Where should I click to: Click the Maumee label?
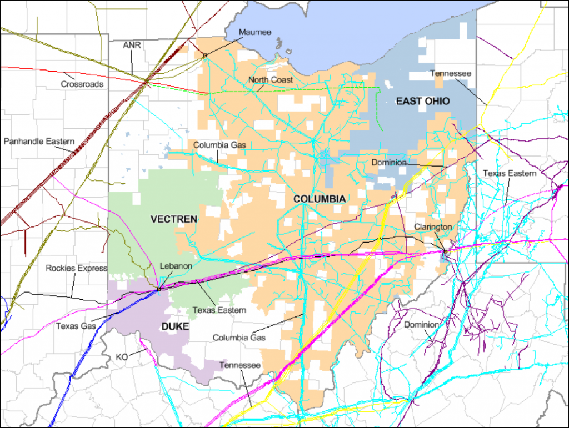pyautogui.click(x=255, y=32)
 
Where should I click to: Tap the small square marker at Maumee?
pyautogui.click(x=205, y=56)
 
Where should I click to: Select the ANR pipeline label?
pyautogui.click(x=132, y=45)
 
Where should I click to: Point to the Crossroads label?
pyautogui.click(x=82, y=84)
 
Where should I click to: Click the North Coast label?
pyautogui.click(x=271, y=80)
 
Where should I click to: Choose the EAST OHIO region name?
pyautogui.click(x=422, y=100)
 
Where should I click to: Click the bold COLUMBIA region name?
pyautogui.click(x=320, y=199)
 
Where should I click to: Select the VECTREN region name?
pyautogui.click(x=174, y=219)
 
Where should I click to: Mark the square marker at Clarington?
pyautogui.click(x=446, y=252)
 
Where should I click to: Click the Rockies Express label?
pyautogui.click(x=76, y=268)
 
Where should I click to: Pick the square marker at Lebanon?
pyautogui.click(x=159, y=289)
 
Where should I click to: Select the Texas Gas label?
pyautogui.click(x=75, y=326)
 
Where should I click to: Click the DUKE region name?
pyautogui.click(x=176, y=327)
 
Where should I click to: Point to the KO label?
pyautogui.click(x=122, y=356)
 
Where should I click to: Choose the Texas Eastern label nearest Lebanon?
pyautogui.click(x=219, y=310)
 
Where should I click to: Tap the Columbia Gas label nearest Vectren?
pyautogui.click(x=219, y=145)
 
